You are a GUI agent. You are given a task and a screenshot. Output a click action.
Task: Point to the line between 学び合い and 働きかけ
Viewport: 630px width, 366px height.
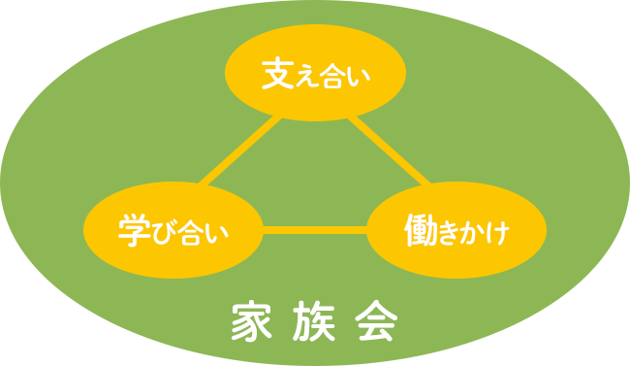[315, 231]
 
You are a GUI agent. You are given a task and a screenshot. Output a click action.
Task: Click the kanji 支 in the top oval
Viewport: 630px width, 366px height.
[277, 75]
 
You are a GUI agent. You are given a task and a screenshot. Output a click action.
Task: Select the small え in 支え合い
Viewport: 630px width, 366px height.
[304, 78]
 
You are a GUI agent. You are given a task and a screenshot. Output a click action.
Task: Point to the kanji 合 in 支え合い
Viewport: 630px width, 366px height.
[331, 76]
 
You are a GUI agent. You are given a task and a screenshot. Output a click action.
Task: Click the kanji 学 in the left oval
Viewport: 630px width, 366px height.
[131, 231]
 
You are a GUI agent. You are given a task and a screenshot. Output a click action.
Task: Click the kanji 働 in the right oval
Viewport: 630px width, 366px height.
[418, 231]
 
